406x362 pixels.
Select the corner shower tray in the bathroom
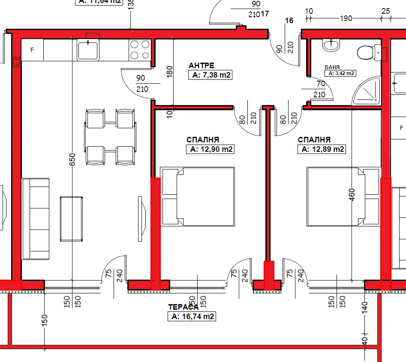click(x=367, y=91)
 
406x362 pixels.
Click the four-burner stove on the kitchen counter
click(x=140, y=49)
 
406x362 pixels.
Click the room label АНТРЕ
click(x=201, y=66)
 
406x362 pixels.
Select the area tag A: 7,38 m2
click(x=210, y=75)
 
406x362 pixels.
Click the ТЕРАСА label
click(x=183, y=307)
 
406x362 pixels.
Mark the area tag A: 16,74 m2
click(x=191, y=317)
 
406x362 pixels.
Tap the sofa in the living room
click(x=35, y=218)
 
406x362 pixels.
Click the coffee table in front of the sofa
click(x=71, y=218)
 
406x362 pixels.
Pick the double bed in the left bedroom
click(x=198, y=196)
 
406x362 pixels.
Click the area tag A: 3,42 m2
click(x=341, y=73)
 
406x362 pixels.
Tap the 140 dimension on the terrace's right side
click(x=365, y=307)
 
